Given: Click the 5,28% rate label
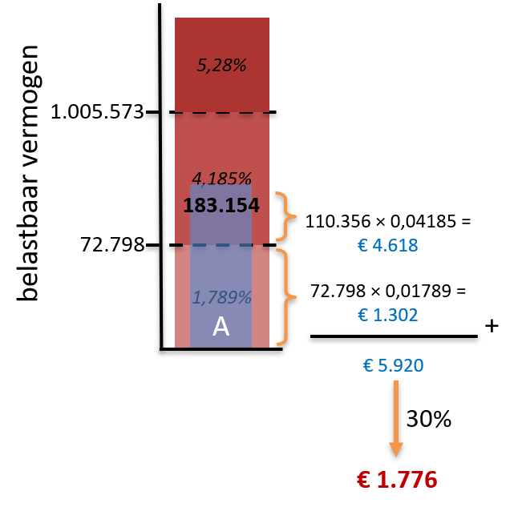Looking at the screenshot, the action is coord(221,65).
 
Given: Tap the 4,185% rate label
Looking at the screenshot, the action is coord(221,179).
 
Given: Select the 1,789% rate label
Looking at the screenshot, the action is coord(221,297).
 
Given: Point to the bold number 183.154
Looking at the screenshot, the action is coord(221,205).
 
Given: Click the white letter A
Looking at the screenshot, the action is coord(221,326).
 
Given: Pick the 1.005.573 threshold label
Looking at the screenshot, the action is coord(97,112).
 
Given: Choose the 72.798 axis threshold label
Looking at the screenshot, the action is coord(112,245).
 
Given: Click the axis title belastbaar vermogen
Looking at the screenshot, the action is coord(29,173).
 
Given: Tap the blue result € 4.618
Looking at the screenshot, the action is coord(388,245).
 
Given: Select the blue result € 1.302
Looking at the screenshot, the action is coord(388,315).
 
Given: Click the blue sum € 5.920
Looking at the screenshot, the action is coord(393,365).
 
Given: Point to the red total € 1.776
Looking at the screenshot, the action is coord(397,479).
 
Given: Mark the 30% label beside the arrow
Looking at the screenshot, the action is coord(428,419).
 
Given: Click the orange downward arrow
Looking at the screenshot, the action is coord(396,418).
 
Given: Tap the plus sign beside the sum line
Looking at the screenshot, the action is coord(492,326).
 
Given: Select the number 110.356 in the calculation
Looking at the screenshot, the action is coord(338,221).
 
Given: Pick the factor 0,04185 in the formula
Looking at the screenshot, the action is coord(423,221).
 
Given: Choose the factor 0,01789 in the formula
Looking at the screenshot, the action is coord(419,291).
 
